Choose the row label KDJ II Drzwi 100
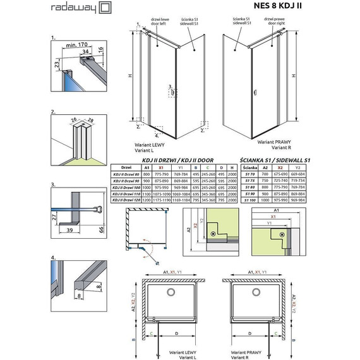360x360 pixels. point(125,187)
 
